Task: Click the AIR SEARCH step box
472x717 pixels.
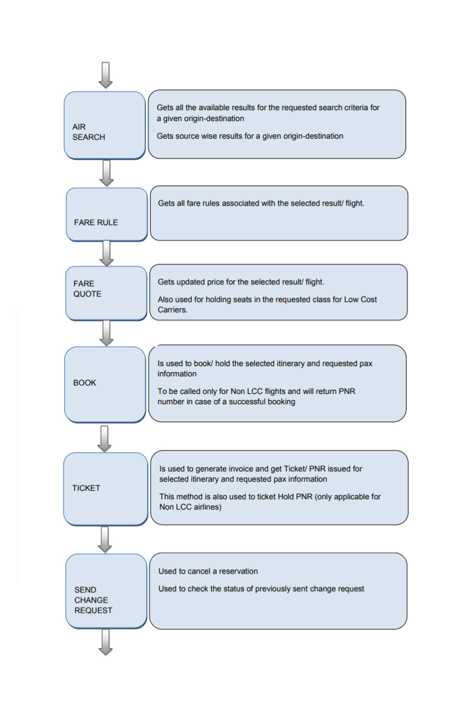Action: tap(105, 125)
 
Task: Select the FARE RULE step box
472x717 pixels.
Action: tap(107, 214)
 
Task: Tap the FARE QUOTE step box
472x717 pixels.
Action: tap(107, 293)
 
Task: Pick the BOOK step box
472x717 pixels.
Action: tap(105, 384)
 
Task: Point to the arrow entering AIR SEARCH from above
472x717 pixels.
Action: tap(106, 75)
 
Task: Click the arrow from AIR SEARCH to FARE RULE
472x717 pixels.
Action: tap(107, 173)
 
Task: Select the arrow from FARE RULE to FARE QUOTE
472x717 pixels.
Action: tap(107, 253)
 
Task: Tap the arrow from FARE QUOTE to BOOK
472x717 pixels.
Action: tap(107, 333)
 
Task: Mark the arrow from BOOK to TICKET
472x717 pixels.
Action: tap(105, 438)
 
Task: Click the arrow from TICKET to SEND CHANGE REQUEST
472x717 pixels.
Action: tap(105, 540)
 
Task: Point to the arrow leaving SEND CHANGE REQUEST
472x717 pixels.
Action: tap(106, 641)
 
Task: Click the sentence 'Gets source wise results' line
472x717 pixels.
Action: tap(250, 136)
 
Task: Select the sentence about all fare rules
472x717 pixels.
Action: tap(261, 203)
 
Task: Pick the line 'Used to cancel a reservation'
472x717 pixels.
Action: tap(208, 571)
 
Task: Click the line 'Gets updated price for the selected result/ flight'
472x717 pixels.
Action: tap(241, 283)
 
